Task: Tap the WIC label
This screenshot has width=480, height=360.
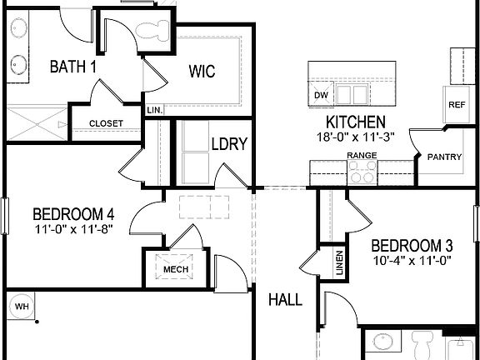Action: point(201,72)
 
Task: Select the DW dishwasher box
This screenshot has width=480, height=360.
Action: point(322,95)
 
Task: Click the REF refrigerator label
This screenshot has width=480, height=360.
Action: point(456,105)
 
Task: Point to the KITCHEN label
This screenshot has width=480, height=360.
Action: point(350,122)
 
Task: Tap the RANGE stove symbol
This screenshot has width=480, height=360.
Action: point(362,172)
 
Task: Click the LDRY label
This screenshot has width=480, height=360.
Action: point(229,144)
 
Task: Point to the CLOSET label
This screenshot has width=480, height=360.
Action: point(106,124)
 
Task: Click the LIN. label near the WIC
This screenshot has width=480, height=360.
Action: point(154,109)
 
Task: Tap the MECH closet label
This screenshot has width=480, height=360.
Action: point(175,269)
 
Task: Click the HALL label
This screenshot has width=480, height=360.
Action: point(285,299)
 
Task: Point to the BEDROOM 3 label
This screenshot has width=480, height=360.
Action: point(412,246)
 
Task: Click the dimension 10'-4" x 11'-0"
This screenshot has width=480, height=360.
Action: point(412,260)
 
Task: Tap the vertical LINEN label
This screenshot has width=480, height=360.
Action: point(339,263)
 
